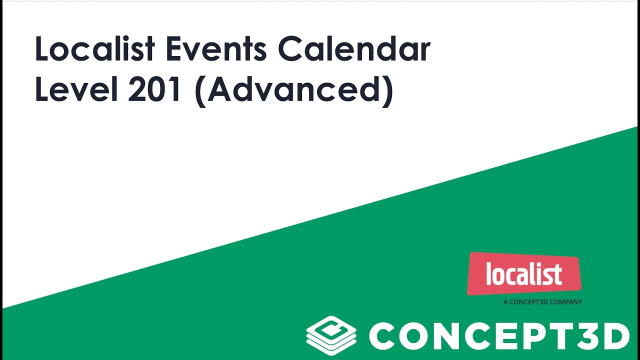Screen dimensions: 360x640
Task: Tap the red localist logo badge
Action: pos(524,274)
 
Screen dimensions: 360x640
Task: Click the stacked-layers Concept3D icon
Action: pos(331,335)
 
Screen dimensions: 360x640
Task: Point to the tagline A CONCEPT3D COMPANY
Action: pos(542,302)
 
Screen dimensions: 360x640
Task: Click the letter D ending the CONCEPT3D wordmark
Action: pos(613,336)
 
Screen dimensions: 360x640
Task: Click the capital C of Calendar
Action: pos(290,50)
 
